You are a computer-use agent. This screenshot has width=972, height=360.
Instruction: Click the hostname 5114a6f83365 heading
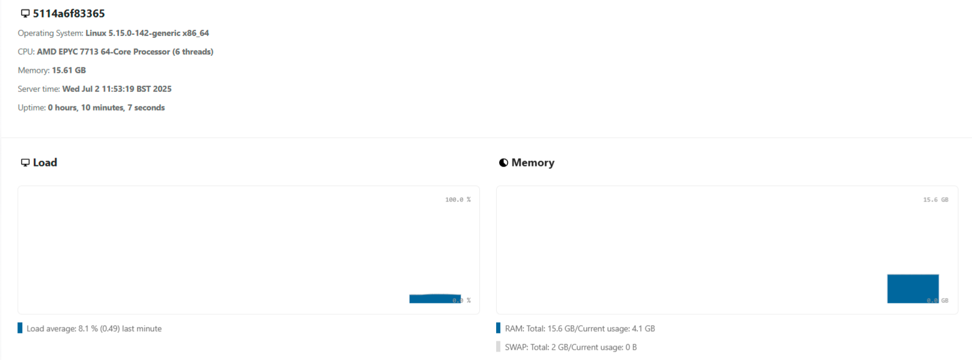pyautogui.click(x=68, y=13)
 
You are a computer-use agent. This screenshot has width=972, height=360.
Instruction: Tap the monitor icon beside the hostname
pyautogui.click(x=25, y=13)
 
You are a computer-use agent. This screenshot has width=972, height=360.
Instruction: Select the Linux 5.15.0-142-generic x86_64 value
pyautogui.click(x=147, y=33)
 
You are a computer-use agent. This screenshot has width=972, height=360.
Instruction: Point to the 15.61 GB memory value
pyautogui.click(x=68, y=70)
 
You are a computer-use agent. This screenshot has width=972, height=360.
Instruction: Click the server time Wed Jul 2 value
pyautogui.click(x=117, y=89)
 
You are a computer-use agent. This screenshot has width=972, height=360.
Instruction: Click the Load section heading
pyautogui.click(x=44, y=162)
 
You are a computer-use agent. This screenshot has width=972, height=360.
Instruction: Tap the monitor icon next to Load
pyautogui.click(x=25, y=163)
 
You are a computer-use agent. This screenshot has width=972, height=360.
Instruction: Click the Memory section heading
pyautogui.click(x=532, y=162)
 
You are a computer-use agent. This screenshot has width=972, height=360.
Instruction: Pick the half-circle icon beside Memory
pyautogui.click(x=503, y=163)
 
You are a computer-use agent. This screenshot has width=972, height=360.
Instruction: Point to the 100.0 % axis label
pyautogui.click(x=458, y=200)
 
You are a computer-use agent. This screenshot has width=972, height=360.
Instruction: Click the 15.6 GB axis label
pyautogui.click(x=935, y=200)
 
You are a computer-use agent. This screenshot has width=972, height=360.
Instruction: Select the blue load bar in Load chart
pyautogui.click(x=434, y=299)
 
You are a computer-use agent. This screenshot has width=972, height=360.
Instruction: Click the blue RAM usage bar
pyautogui.click(x=913, y=288)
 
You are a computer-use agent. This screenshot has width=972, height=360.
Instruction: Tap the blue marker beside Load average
pyautogui.click(x=20, y=328)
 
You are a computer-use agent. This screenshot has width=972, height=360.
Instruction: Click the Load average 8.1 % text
pyautogui.click(x=94, y=329)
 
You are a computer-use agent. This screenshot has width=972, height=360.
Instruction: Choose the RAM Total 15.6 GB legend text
pyautogui.click(x=580, y=329)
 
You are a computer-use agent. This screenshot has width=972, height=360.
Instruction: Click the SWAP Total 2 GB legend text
pyautogui.click(x=571, y=347)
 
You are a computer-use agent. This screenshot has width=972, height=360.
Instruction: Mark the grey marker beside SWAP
pyautogui.click(x=498, y=347)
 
